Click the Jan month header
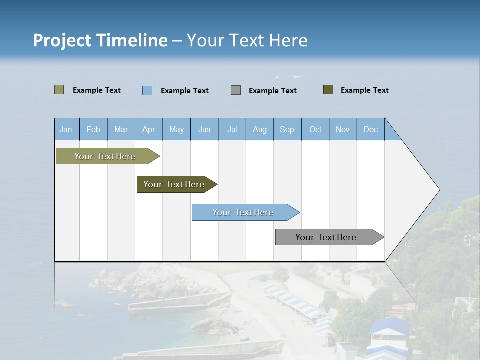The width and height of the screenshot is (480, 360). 66,129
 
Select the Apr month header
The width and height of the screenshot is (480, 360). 148,129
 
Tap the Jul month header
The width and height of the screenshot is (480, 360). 232,129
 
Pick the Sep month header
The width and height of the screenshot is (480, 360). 287,129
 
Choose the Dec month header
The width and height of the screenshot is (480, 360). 370,129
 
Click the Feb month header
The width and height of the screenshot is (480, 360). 93,129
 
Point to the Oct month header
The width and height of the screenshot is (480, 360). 315,129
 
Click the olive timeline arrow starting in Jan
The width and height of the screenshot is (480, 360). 105,156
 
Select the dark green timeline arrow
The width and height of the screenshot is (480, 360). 174,184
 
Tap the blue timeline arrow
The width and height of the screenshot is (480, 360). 243,212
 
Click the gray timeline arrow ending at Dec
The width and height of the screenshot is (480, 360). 326,237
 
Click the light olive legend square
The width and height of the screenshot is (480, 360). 59,90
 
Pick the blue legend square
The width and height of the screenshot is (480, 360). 147,90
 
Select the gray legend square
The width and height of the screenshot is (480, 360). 236,90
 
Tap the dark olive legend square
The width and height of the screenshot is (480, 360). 328,90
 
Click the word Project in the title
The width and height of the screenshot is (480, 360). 61,40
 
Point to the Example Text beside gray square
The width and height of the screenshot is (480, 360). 272,91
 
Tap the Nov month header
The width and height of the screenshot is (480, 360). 343,129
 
